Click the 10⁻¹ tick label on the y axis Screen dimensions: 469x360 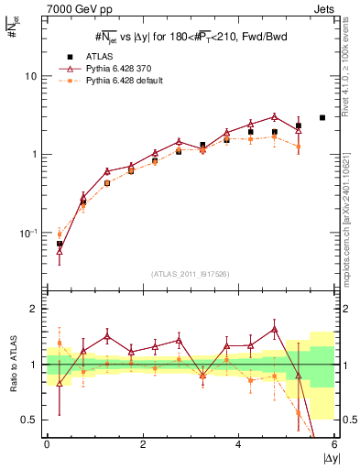click(x=28, y=233)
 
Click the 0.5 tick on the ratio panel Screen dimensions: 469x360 click(x=29, y=420)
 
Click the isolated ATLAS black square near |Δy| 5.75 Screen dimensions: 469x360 click(x=322, y=117)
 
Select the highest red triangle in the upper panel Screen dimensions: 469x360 click(x=274, y=116)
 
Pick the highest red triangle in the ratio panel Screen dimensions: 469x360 click(x=274, y=328)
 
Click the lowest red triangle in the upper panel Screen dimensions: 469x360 click(x=60, y=249)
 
